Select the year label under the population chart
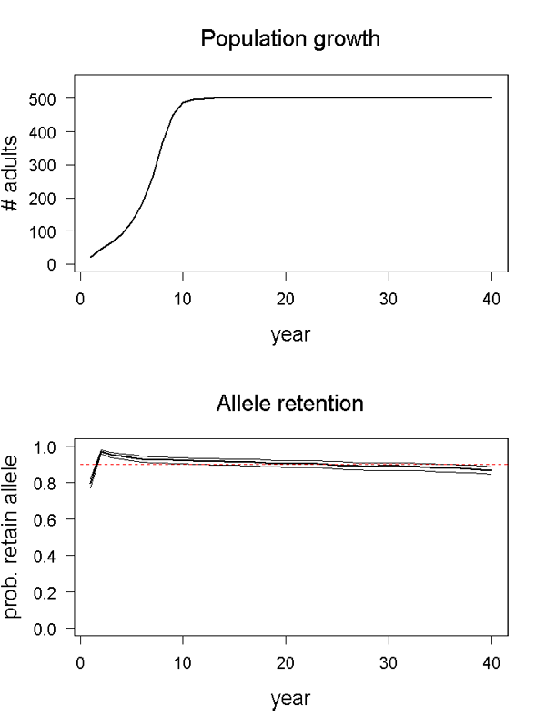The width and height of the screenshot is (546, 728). coord(290,334)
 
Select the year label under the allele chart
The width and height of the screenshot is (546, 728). coord(290,699)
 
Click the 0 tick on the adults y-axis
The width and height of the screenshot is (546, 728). coord(58,264)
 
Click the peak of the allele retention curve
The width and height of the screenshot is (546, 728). coord(101,451)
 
